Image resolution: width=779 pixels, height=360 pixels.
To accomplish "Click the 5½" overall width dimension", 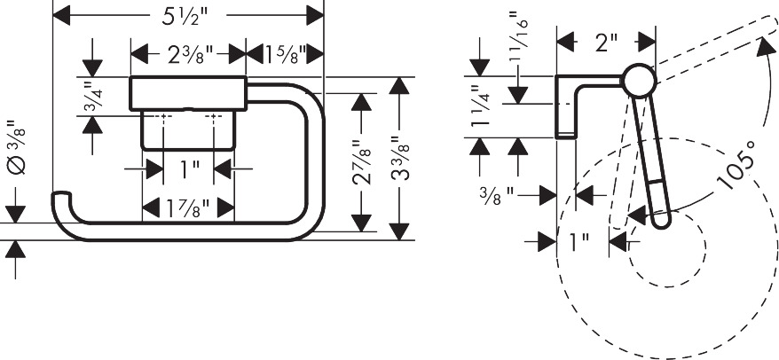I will [188, 14].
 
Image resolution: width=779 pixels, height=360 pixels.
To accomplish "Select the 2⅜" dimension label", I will [187, 54].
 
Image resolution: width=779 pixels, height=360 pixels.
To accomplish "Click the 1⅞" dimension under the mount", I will [187, 209].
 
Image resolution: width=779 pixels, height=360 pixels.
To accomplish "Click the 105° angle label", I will [739, 165].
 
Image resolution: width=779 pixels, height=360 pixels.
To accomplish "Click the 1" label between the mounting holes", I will [189, 166].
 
